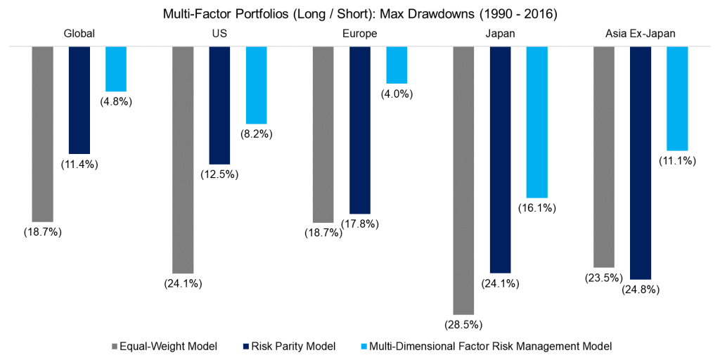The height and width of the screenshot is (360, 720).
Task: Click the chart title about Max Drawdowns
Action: (359, 13)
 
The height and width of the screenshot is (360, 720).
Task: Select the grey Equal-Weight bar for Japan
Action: (464, 179)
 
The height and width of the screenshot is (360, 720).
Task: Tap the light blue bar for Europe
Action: (397, 65)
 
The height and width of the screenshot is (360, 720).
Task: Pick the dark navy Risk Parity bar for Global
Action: (79, 100)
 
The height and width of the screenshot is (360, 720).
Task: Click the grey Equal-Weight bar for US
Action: (183, 159)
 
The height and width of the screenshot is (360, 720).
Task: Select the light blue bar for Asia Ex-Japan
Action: (677, 98)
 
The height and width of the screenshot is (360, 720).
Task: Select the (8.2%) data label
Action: (257, 134)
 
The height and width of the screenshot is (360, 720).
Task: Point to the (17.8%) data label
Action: (361, 224)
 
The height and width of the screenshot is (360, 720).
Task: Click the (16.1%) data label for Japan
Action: (538, 207)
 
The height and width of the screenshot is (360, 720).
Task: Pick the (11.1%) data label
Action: (678, 160)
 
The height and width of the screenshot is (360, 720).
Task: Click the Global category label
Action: (79, 33)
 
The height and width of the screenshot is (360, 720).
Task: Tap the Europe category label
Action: (359, 33)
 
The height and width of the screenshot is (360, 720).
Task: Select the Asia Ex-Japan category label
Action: (641, 33)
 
